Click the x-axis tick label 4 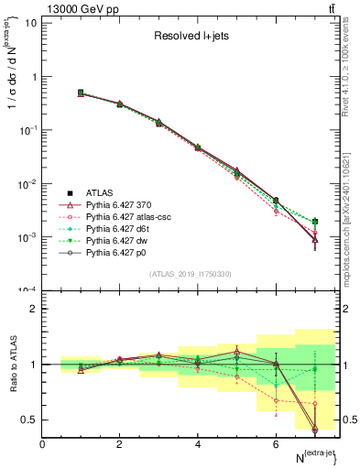(x=198, y=444)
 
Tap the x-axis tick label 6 (x=276, y=444)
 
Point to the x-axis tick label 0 (x=42, y=444)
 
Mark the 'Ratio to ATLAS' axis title (x=11, y=364)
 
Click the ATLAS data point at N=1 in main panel (x=81, y=93)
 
